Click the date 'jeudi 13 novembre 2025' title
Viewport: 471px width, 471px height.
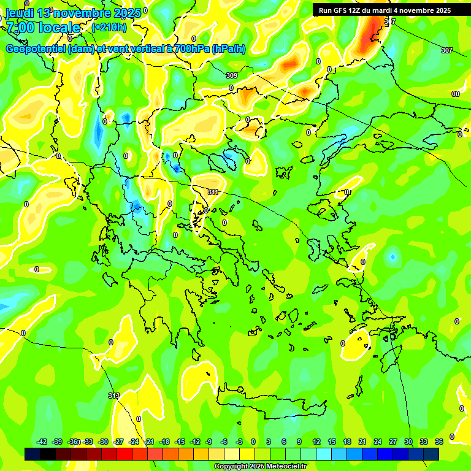point(73,13)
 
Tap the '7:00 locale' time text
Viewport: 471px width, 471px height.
point(43,28)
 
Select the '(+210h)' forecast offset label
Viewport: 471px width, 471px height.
point(109,27)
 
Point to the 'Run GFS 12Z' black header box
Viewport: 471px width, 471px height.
point(385,10)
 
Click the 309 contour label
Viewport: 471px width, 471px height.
point(231,75)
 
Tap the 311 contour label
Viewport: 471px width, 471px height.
point(213,192)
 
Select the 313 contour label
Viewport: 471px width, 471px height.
point(113,396)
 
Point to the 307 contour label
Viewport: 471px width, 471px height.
point(446,50)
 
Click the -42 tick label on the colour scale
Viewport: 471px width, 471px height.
point(42,442)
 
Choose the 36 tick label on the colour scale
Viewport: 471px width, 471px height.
point(438,442)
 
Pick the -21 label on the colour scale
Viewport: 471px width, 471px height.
point(149,442)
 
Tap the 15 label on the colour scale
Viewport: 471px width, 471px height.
point(332,442)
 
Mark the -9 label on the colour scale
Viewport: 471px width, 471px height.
point(210,442)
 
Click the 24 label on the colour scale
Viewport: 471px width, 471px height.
point(378,442)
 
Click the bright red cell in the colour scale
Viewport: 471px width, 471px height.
point(124,454)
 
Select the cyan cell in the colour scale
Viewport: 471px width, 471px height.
point(324,454)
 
